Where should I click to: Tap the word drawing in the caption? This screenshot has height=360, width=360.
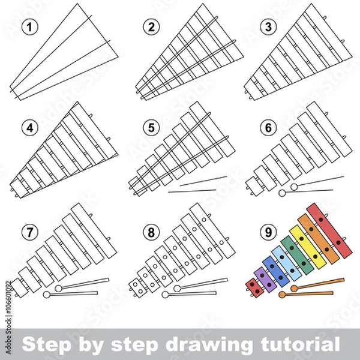204,344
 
